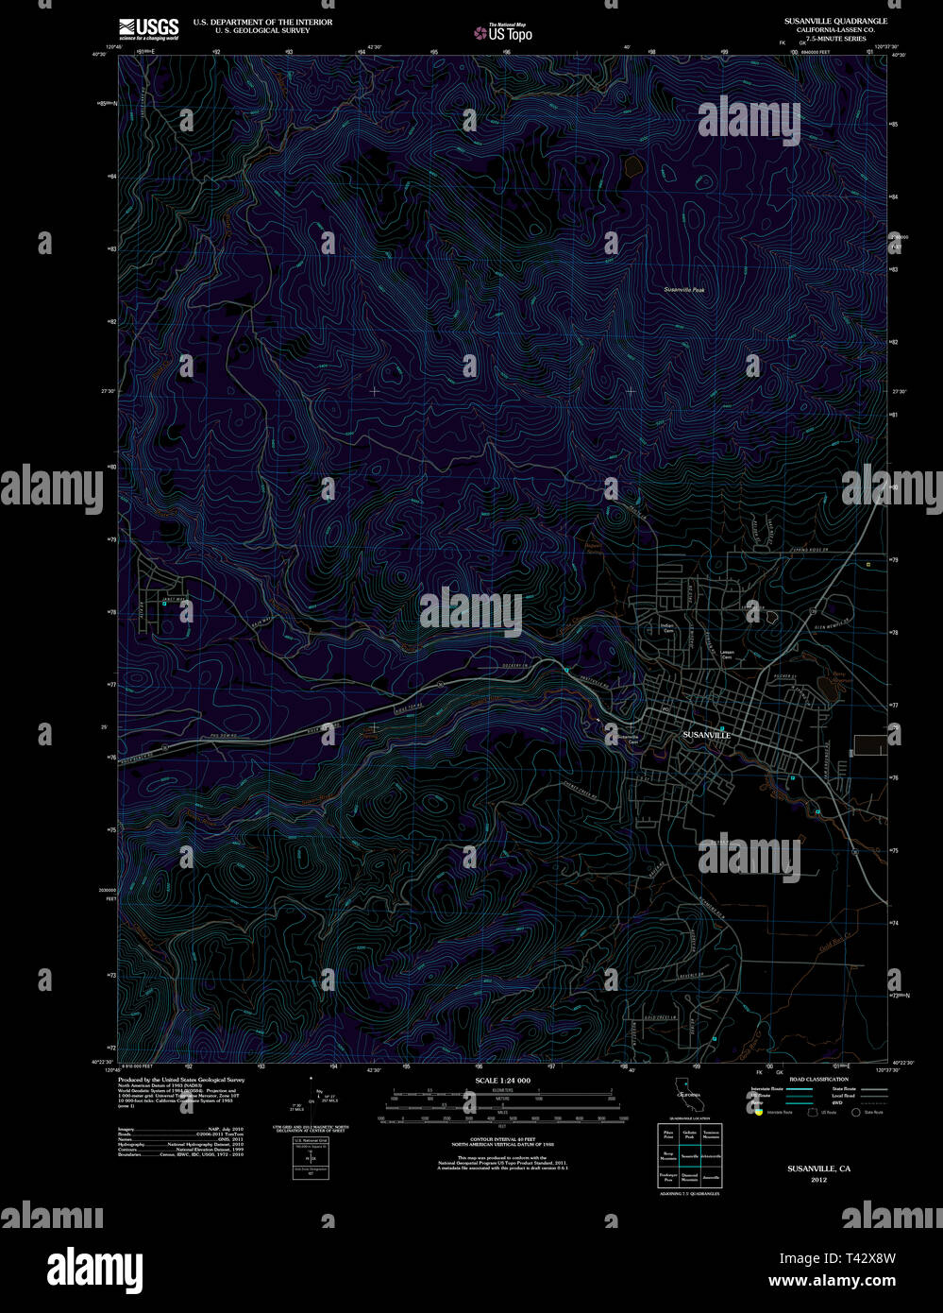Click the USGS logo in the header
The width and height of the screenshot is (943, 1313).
[148, 29]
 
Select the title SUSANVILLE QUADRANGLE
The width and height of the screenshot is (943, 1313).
[835, 20]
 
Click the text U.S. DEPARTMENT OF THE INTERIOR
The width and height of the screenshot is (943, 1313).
[262, 22]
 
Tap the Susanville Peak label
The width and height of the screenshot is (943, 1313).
[683, 289]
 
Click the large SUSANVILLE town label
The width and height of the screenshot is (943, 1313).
[707, 734]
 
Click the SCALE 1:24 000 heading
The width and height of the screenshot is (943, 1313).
[503, 1081]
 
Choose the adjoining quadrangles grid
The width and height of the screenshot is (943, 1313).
[691, 1156]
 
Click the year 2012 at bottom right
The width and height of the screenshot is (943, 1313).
[818, 1180]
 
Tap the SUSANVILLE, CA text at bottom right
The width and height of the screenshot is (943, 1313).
[818, 1168]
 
